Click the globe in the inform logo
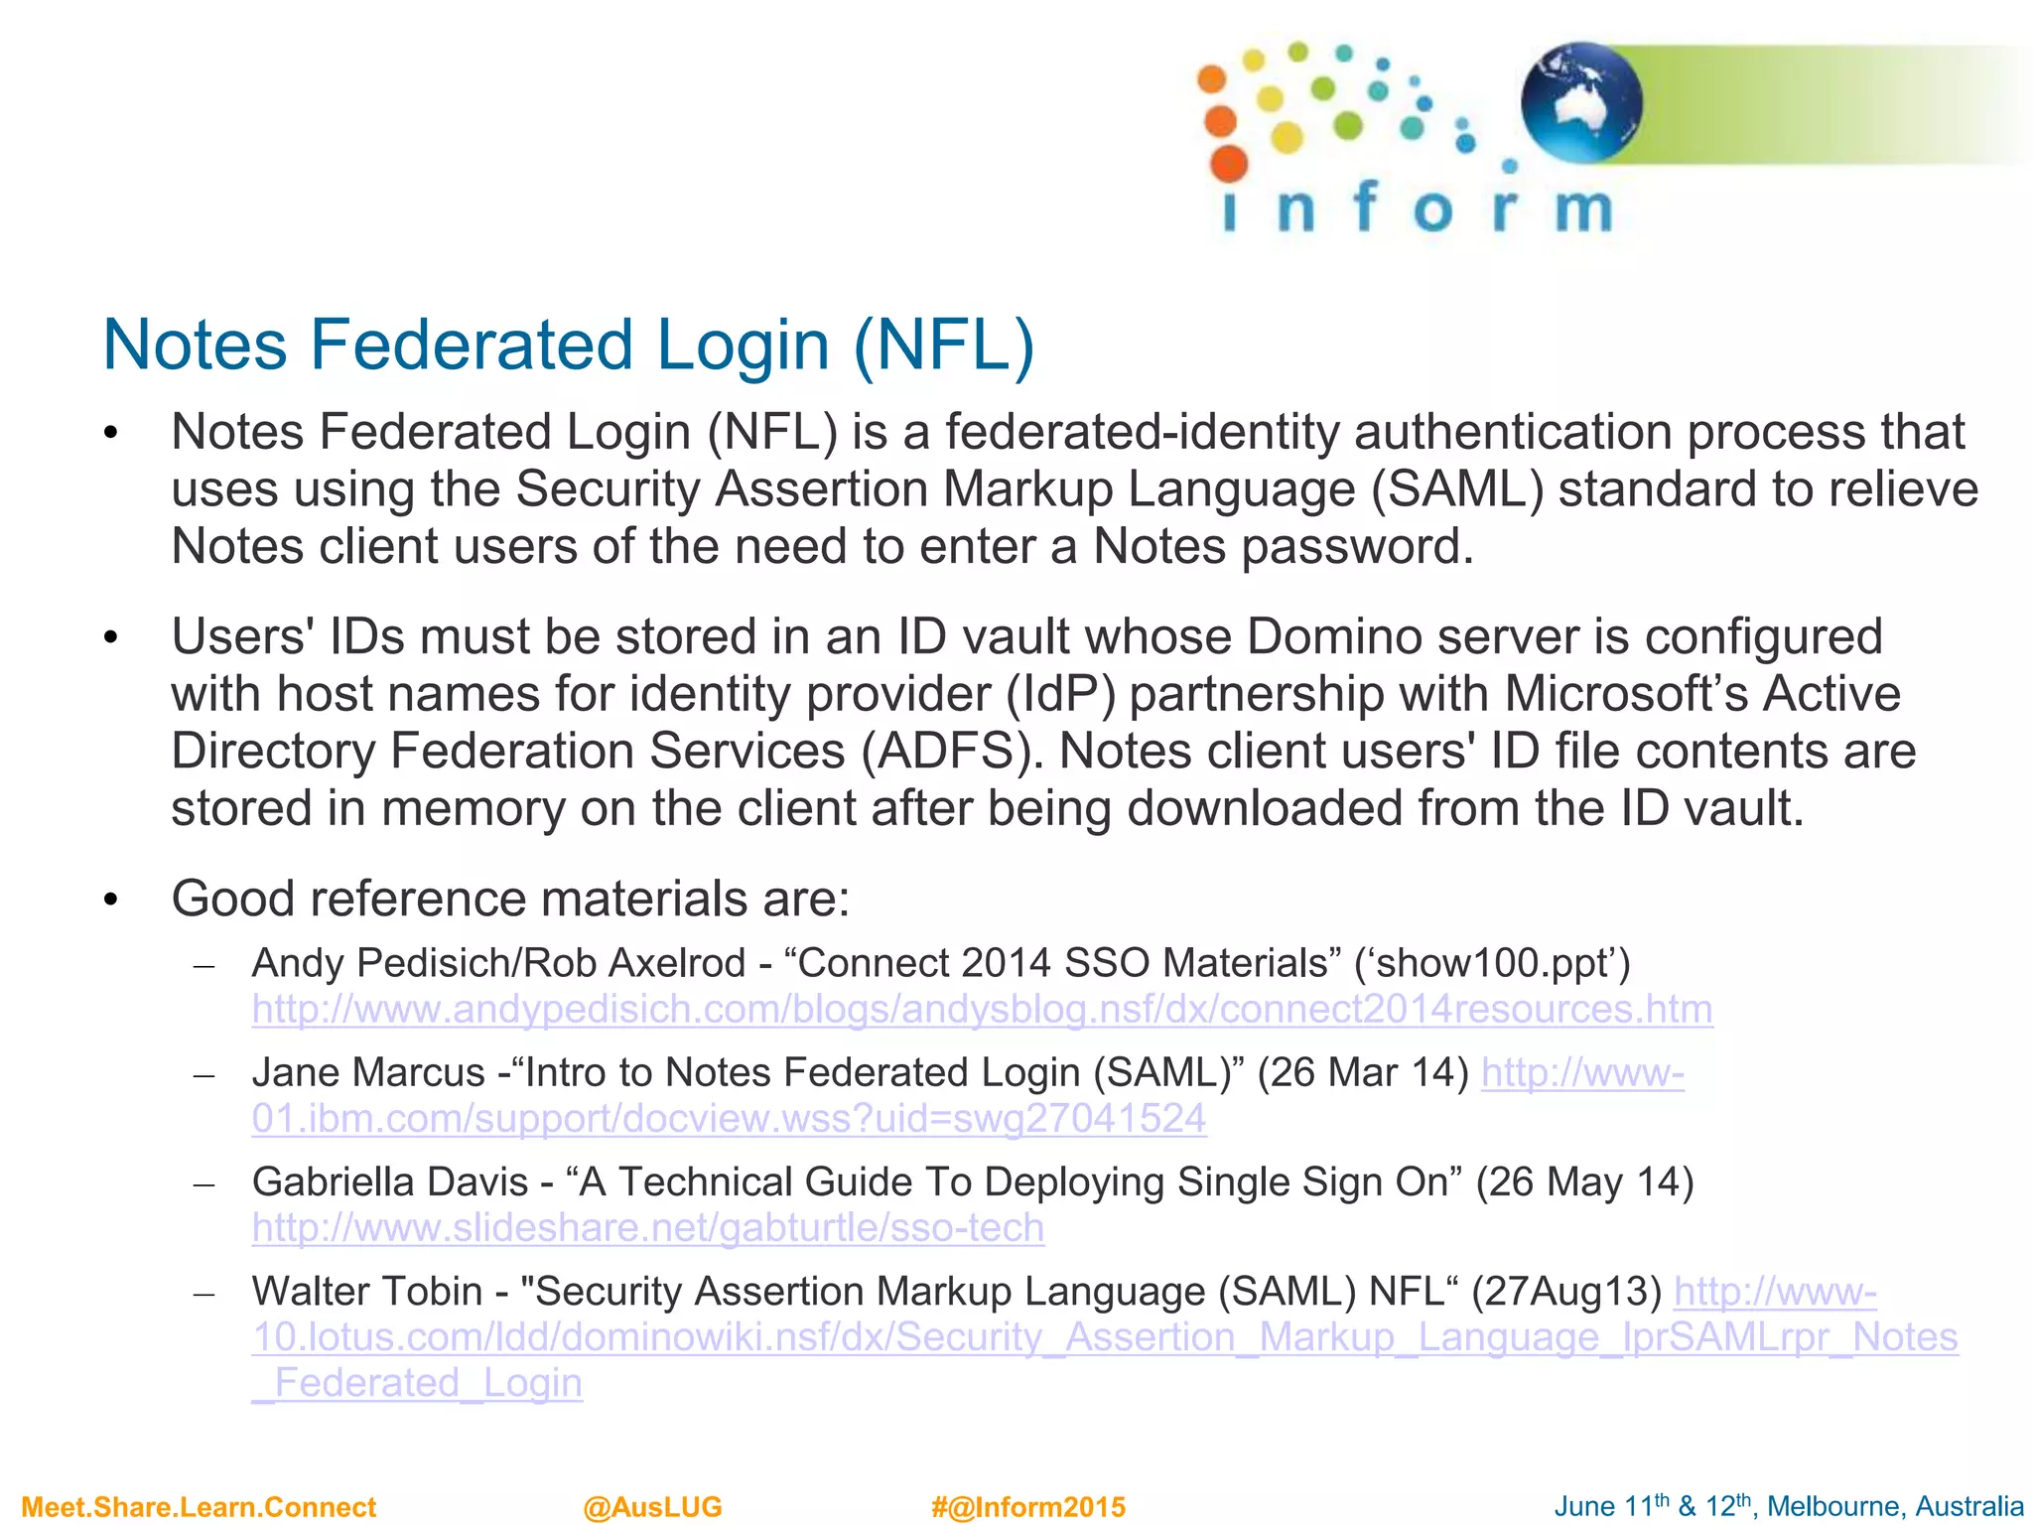[1580, 102]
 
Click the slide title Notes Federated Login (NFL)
[569, 345]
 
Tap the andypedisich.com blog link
[982, 1009]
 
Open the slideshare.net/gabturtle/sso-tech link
[647, 1228]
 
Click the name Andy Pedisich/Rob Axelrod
[498, 963]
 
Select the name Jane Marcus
[368, 1072]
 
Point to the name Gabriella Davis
[390, 1181]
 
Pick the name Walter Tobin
[366, 1291]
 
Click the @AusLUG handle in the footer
[652, 1507]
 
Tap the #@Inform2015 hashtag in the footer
[1027, 1507]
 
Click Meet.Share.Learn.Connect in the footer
[199, 1507]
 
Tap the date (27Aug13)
[1565, 1291]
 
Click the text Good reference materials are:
[510, 899]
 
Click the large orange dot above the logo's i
[1229, 164]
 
